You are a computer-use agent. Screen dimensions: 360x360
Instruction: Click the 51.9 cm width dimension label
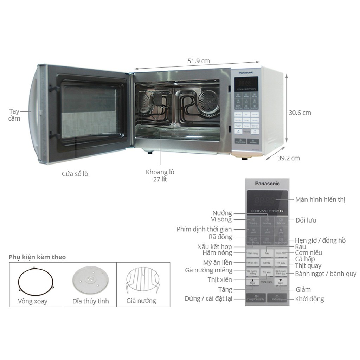pyautogui.click(x=198, y=61)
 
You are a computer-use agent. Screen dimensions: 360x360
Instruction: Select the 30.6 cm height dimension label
pyautogui.click(x=300, y=113)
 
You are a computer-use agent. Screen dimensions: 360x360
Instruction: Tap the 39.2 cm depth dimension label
pyautogui.click(x=288, y=158)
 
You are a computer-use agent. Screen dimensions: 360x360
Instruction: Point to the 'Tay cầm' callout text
pyautogui.click(x=14, y=115)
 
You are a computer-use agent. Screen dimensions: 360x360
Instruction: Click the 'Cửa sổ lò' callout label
pyautogui.click(x=75, y=174)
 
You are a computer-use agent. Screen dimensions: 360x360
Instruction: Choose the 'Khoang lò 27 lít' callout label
pyautogui.click(x=160, y=176)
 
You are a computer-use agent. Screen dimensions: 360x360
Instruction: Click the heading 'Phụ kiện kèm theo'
pyautogui.click(x=37, y=257)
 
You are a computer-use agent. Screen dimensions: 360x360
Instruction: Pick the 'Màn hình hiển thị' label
pyautogui.click(x=320, y=200)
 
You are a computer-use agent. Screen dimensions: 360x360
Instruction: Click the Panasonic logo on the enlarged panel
pyautogui.click(x=267, y=183)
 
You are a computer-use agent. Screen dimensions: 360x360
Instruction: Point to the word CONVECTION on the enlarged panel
pyautogui.click(x=267, y=211)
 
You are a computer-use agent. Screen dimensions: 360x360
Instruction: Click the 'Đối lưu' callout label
pyautogui.click(x=306, y=220)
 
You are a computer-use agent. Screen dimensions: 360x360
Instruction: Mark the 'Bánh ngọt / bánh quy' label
pyautogui.click(x=326, y=274)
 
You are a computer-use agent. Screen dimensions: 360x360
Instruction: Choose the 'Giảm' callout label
pyautogui.click(x=303, y=290)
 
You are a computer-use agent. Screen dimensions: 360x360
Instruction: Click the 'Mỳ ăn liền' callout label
pyautogui.click(x=218, y=263)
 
